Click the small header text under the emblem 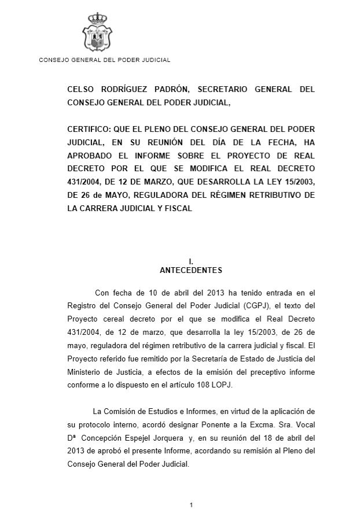(x=104, y=60)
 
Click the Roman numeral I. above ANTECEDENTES (x=190, y=261)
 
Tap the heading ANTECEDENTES (x=190, y=270)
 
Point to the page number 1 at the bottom (x=190, y=505)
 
